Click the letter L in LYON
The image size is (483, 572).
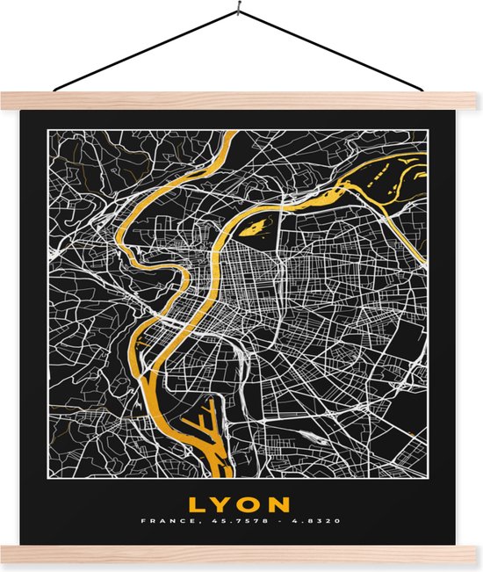pyautogui.click(x=195, y=504)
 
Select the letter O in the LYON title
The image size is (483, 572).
pyautogui.click(x=250, y=504)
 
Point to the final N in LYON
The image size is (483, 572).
pyautogui.click(x=279, y=504)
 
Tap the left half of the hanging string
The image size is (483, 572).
pyautogui.click(x=145, y=53)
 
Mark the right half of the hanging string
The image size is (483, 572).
pyautogui.click(x=334, y=53)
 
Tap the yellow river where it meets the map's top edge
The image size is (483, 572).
pyautogui.click(x=229, y=134)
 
